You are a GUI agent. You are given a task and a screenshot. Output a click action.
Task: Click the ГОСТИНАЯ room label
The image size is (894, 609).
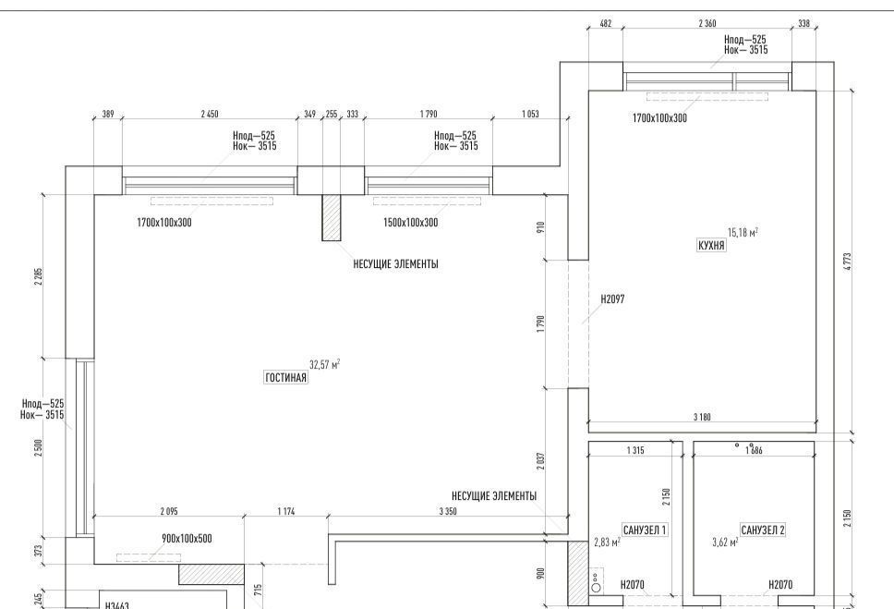pos(286,377)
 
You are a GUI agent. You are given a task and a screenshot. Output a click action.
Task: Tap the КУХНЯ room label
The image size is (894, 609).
pos(711,246)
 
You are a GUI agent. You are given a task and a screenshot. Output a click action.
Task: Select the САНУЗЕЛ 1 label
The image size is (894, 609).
pos(645,530)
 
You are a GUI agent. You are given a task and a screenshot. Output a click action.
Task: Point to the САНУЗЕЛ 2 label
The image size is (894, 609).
pos(763,530)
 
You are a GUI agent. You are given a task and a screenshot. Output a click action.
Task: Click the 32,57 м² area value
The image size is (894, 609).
pos(325,364)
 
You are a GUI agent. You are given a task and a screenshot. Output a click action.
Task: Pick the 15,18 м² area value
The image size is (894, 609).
pos(743,232)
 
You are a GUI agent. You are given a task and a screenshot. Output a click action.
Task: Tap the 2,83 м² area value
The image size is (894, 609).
pos(607,542)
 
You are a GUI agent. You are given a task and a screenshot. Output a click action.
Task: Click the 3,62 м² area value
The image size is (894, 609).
pos(725,542)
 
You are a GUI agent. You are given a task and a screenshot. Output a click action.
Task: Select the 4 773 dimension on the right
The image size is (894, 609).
pos(848,262)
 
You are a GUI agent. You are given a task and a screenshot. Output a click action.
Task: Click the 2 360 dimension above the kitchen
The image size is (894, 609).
pos(707,23)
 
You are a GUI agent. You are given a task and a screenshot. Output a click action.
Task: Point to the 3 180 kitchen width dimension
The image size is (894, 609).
pos(702,417)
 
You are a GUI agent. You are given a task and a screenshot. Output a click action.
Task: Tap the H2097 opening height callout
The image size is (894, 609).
pos(613,298)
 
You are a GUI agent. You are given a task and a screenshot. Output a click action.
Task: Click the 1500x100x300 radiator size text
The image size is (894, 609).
pos(410,223)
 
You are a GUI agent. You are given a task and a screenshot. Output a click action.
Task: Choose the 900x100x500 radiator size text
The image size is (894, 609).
pos(187,538)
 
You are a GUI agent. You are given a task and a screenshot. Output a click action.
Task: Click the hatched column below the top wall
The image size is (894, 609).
pos(332,217)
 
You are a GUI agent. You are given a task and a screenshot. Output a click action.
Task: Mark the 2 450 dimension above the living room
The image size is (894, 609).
pos(210,115)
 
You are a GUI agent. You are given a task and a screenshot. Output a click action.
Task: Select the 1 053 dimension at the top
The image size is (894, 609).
pos(530,115)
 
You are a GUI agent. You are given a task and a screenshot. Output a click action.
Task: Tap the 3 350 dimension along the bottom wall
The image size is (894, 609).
pos(448,511)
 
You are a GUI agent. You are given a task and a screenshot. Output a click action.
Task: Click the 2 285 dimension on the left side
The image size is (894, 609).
pos(38,276)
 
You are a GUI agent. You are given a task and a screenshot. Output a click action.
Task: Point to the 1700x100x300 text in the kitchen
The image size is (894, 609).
pos(659,118)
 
